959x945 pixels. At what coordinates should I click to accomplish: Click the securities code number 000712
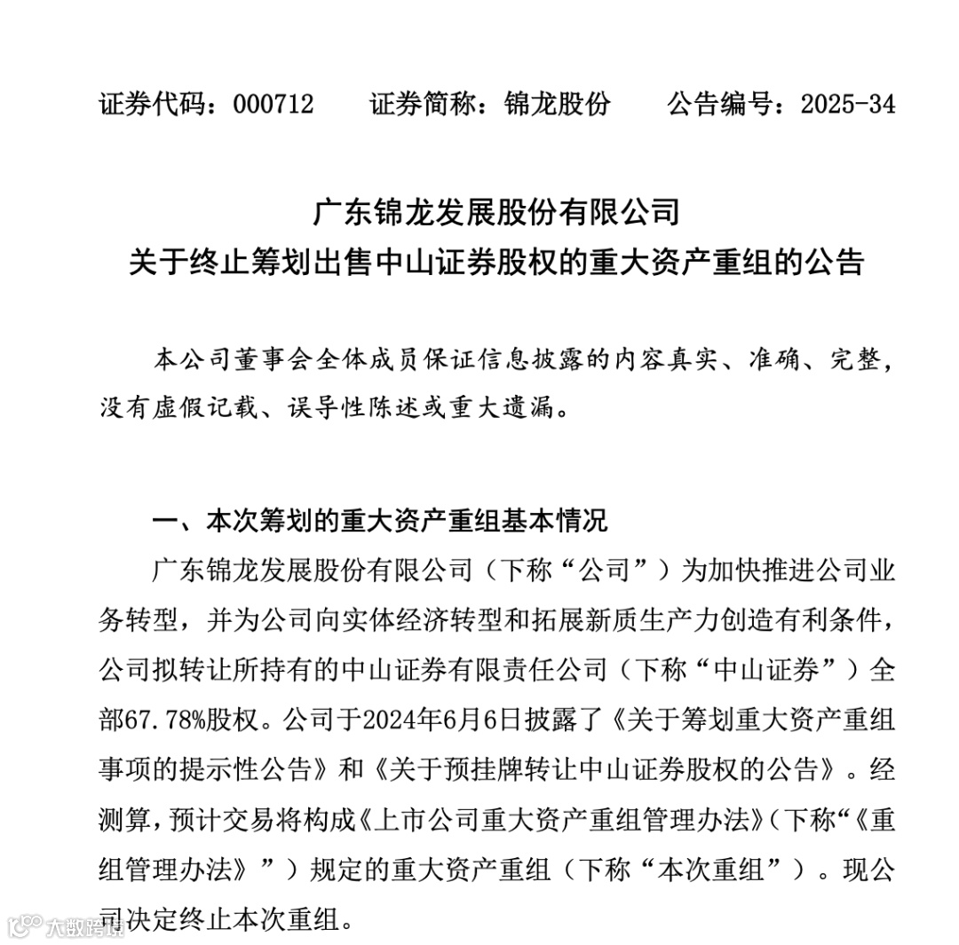coord(273,104)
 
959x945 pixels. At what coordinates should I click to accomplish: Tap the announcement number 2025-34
coord(847,104)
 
